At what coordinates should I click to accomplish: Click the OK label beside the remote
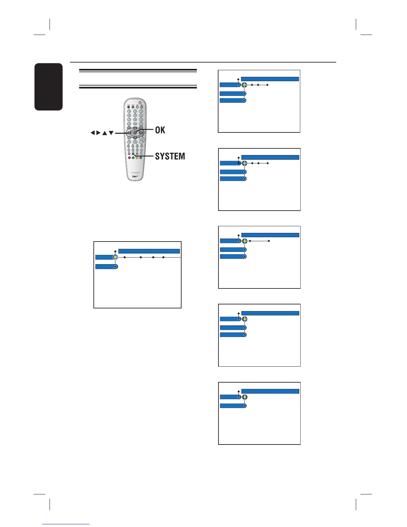(160, 130)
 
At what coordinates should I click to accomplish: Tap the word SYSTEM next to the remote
(170, 156)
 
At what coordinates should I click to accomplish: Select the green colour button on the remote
(133, 158)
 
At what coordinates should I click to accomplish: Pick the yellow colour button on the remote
(137, 158)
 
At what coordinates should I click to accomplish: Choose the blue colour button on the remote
(141, 158)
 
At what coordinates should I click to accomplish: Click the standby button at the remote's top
(140, 102)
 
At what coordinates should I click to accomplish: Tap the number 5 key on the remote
(135, 115)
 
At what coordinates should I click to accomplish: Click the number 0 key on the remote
(135, 123)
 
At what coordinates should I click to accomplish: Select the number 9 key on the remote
(141, 119)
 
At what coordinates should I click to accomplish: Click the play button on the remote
(135, 142)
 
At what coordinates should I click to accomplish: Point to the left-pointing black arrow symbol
(93, 133)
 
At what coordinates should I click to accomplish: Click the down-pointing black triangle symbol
(111, 133)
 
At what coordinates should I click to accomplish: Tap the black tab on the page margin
(48, 87)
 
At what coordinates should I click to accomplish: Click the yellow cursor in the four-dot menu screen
(115, 257)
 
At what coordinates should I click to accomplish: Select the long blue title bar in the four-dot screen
(149, 251)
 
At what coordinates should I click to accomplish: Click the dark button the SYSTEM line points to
(133, 154)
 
